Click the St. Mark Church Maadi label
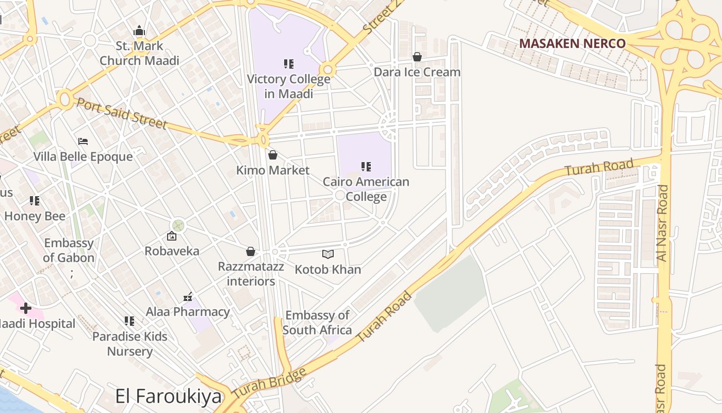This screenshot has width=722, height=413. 139,53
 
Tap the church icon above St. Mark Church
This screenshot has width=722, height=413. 139,30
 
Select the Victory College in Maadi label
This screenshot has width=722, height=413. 288,86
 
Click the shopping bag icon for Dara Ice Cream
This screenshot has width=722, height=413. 417,57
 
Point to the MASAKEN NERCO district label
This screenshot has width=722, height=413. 572,43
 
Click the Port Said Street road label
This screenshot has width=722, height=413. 122,114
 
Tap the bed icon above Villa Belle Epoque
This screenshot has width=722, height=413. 83,141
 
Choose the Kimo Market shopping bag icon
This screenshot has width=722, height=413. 273,155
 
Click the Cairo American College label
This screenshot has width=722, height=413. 366,189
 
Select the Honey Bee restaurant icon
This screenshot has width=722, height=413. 35,200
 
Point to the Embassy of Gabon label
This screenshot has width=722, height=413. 69,250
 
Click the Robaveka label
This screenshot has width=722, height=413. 172,251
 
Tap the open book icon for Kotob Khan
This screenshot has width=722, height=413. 328,254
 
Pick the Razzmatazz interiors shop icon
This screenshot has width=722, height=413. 251,251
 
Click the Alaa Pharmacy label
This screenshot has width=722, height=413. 188,312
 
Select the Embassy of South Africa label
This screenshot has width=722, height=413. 317,322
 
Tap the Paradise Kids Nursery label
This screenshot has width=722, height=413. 130,344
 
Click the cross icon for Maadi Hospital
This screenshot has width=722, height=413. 25,309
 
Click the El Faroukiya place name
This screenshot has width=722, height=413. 168,397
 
